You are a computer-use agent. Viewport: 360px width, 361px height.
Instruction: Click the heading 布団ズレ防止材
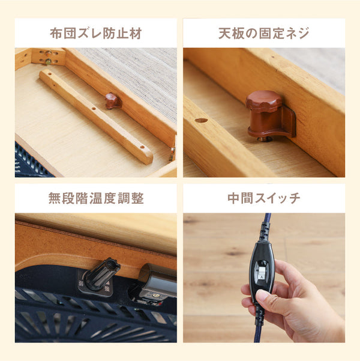pyautogui.click(x=95, y=33)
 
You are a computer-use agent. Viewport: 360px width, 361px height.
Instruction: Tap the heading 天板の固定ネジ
pyautogui.click(x=263, y=33)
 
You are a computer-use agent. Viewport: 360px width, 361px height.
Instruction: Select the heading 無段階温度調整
pyautogui.click(x=95, y=198)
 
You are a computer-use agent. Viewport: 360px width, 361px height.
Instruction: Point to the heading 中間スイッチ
pyautogui.click(x=263, y=198)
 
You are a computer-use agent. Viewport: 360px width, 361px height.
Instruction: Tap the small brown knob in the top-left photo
pyautogui.click(x=113, y=100)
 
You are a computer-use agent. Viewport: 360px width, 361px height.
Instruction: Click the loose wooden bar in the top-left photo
pyautogui.click(x=96, y=117)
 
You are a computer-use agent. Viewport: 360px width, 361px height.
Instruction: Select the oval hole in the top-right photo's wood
pyautogui.click(x=201, y=120)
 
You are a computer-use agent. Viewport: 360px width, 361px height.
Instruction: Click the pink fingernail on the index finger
pyautogui.click(x=262, y=296)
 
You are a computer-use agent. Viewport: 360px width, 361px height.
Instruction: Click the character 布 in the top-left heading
pyautogui.click(x=56, y=33)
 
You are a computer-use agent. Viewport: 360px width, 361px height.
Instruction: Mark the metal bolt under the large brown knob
pyautogui.click(x=262, y=139)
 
